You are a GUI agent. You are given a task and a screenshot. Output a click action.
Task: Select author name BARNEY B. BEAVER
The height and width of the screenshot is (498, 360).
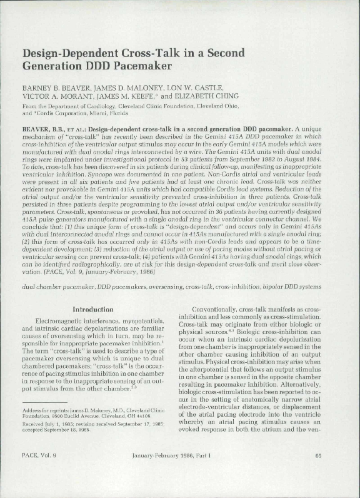56,85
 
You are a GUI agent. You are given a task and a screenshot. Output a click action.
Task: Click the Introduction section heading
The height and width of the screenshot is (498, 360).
93,309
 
